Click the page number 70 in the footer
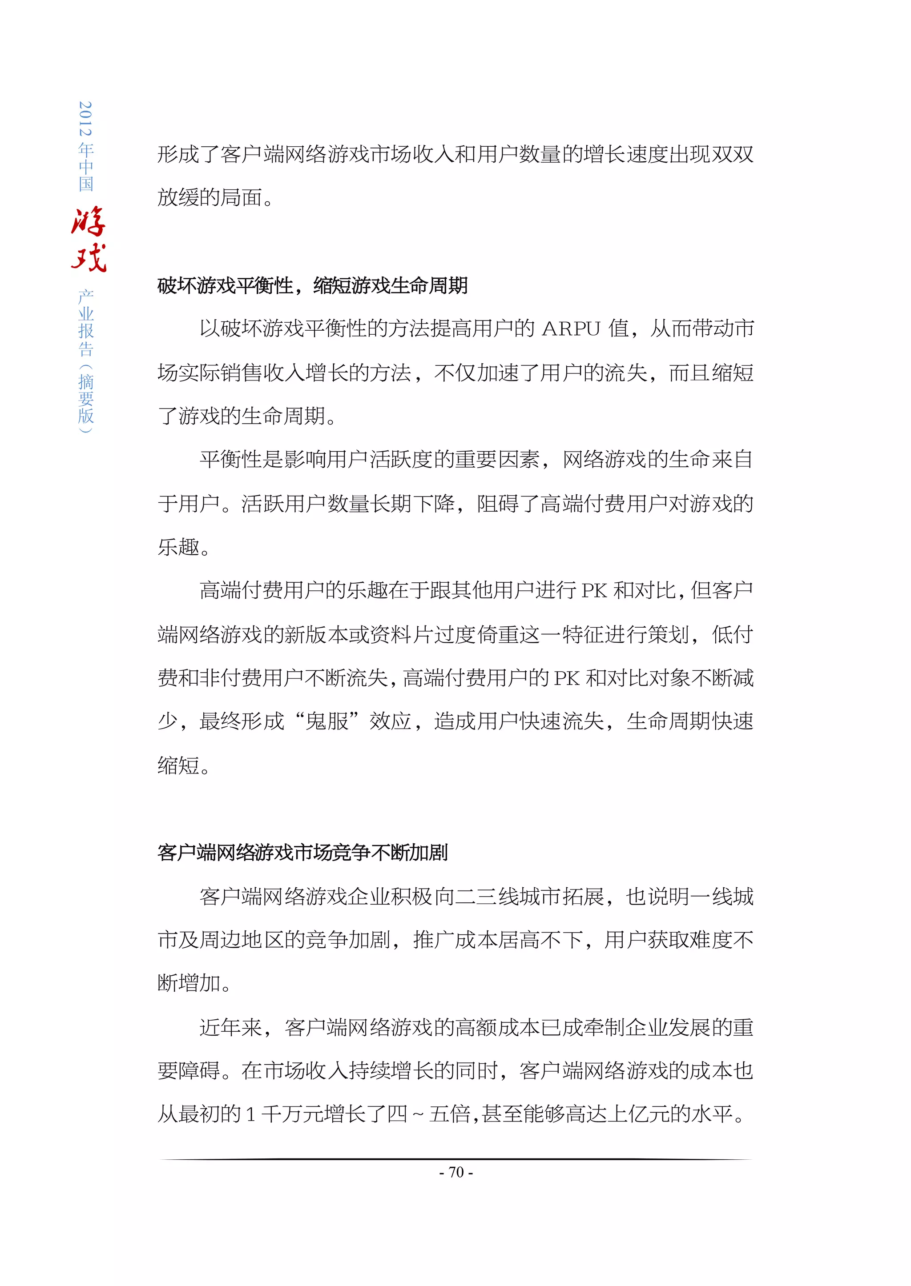(456, 1172)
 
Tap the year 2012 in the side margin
(86, 118)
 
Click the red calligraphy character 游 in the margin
(89, 221)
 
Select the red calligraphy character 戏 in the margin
(89, 258)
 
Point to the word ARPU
(571, 329)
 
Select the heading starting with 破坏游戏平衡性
(312, 286)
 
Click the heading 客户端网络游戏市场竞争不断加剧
(302, 853)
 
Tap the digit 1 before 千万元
(251, 1114)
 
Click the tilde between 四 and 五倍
(418, 1114)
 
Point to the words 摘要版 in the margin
(86, 399)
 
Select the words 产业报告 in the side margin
(86, 324)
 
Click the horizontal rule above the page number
(455, 1159)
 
